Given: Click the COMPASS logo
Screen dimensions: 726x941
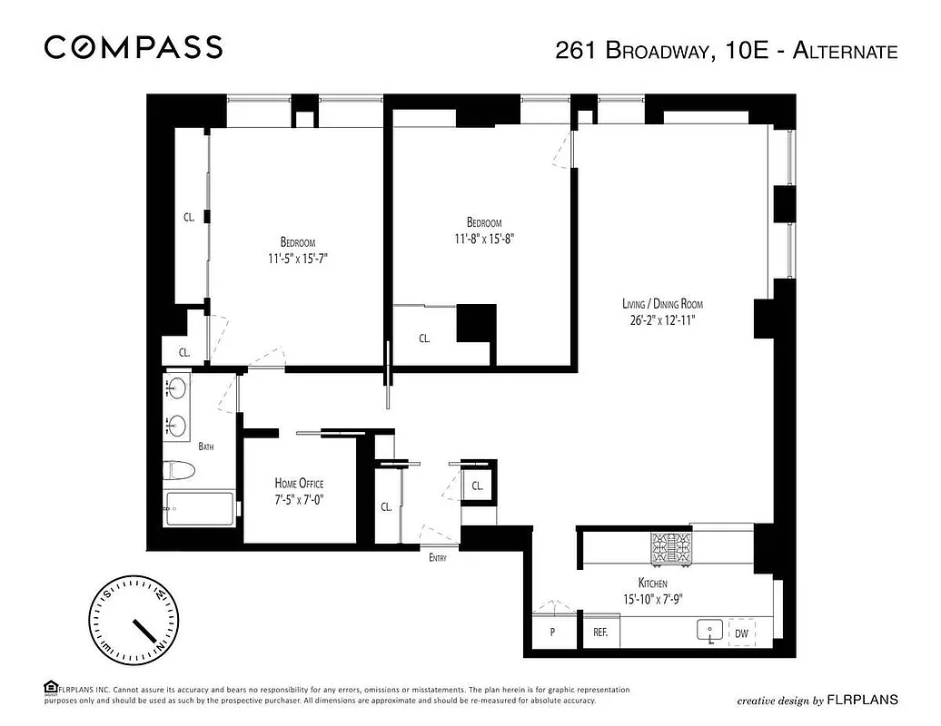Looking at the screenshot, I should (134, 47).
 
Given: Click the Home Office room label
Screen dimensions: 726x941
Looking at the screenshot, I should (299, 484).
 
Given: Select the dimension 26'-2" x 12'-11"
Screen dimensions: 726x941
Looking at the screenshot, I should (662, 319).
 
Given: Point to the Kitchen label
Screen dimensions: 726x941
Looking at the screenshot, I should (652, 584).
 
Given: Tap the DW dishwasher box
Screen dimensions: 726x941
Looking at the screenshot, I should (742, 633).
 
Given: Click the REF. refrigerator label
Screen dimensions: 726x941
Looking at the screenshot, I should (600, 633).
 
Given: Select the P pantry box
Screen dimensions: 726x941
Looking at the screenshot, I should (552, 633).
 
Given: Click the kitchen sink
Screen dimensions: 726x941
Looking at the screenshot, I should (708, 630).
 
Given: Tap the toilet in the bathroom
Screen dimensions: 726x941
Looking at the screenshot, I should (179, 470).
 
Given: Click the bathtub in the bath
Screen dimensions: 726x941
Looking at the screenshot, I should (199, 509).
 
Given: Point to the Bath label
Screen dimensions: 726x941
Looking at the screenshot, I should (206, 446).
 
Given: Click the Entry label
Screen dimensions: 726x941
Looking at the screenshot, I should (438, 558).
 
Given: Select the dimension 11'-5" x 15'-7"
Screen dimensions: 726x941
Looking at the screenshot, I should (298, 258).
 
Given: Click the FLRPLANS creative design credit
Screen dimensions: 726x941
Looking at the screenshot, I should (817, 700).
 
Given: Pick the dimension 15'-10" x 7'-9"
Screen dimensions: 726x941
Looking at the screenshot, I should (652, 599).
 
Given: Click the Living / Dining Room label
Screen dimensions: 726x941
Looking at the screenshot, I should (662, 304).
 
